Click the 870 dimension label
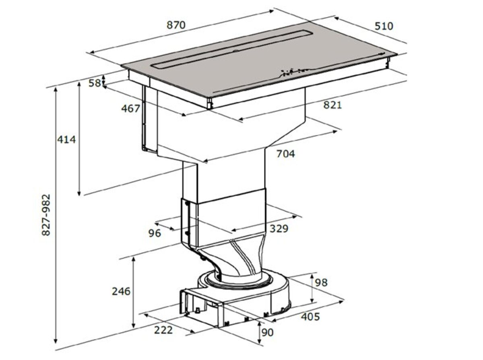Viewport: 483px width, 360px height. click(x=176, y=25)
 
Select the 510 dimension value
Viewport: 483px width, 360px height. click(x=384, y=26)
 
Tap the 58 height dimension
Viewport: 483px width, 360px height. click(x=95, y=83)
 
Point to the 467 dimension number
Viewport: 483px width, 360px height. click(x=130, y=109)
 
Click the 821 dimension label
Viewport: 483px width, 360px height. click(x=332, y=105)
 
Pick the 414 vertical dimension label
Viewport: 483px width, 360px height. click(x=66, y=140)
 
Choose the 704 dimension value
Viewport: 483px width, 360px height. click(x=286, y=154)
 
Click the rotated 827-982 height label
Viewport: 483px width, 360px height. click(x=46, y=215)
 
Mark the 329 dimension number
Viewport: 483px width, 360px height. click(x=279, y=229)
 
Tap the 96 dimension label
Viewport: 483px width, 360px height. click(x=155, y=233)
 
